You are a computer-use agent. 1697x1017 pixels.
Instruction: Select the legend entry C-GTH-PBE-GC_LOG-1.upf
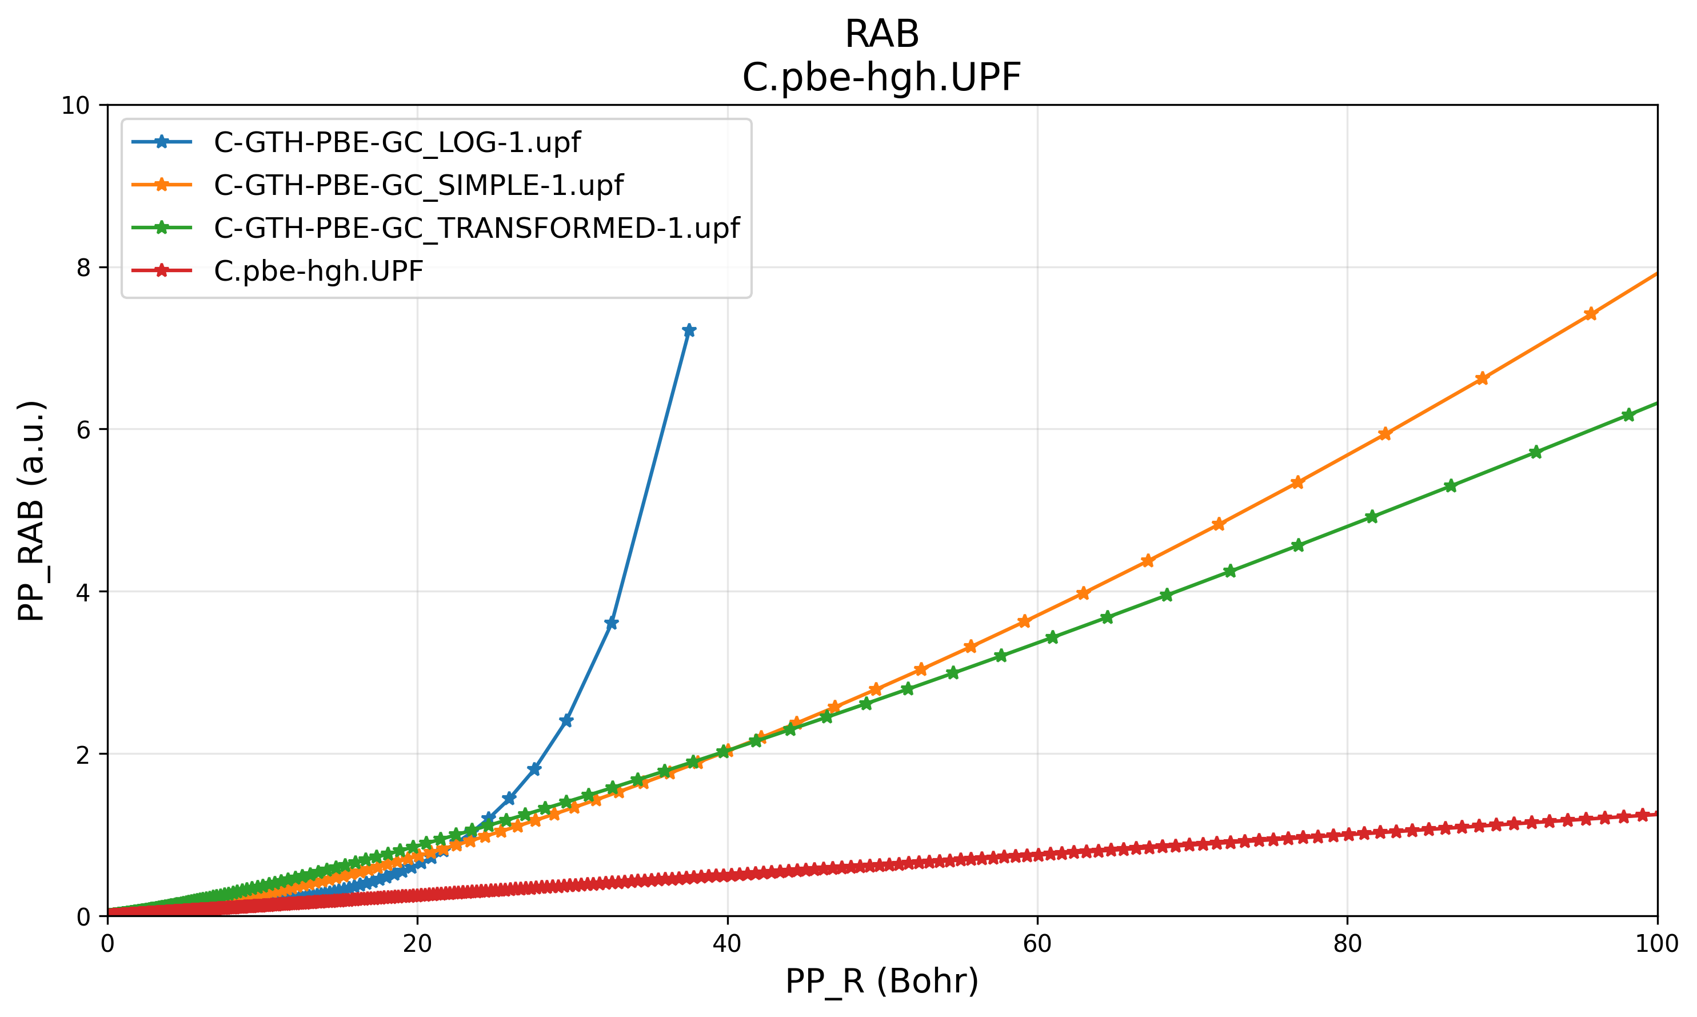[x=397, y=142]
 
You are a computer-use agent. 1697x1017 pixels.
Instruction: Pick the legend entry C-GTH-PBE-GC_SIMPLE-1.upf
[x=418, y=185]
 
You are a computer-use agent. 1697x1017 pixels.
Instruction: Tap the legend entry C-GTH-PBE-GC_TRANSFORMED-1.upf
[x=476, y=228]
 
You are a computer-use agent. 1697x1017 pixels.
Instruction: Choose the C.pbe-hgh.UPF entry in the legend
[x=318, y=272]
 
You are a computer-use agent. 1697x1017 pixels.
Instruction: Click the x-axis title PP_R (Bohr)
[x=882, y=982]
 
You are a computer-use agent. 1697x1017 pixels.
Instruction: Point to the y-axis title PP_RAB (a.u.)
[x=31, y=511]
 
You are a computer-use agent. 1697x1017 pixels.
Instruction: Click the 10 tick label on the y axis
[x=75, y=106]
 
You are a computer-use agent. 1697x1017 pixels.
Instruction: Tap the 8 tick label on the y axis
[x=83, y=268]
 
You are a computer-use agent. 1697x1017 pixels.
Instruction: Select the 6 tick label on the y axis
[x=83, y=430]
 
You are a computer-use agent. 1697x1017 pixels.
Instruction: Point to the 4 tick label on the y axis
[x=83, y=592]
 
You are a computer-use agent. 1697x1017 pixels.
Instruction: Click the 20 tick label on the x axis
[x=417, y=944]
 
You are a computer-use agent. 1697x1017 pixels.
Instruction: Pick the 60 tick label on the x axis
[x=1037, y=944]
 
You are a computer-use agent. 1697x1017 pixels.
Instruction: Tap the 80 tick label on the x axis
[x=1347, y=944]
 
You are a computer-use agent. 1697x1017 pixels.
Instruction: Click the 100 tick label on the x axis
[x=1656, y=944]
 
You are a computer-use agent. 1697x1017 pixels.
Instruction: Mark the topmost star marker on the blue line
[x=689, y=330]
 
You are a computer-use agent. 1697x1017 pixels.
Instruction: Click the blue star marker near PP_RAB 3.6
[x=612, y=623]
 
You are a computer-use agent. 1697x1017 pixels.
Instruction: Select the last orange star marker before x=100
[x=1591, y=314]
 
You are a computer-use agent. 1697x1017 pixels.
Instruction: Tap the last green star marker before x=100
[x=1628, y=414]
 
